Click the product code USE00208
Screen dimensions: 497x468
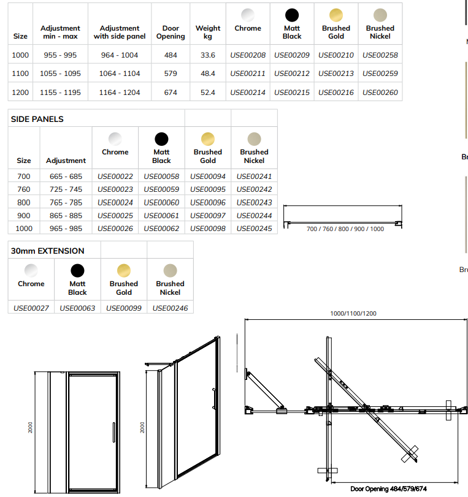(x=248, y=55)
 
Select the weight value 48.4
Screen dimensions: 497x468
(x=208, y=74)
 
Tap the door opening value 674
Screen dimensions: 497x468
(x=171, y=93)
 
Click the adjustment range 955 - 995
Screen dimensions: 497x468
(x=60, y=55)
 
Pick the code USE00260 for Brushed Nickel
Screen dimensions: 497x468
(x=380, y=93)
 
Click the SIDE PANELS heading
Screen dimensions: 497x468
(x=37, y=120)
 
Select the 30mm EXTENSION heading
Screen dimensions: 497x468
(x=48, y=251)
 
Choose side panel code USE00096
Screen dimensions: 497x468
(x=208, y=203)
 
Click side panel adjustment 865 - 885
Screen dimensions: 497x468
(x=66, y=216)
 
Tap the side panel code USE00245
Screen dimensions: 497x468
(x=254, y=229)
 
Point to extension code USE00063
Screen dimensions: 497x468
(x=77, y=308)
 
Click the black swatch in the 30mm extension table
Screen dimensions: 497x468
(x=77, y=270)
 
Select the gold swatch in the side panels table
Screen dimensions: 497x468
(x=208, y=138)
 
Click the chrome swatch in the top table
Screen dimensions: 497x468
(x=248, y=15)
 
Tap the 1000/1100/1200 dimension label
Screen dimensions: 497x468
(x=353, y=314)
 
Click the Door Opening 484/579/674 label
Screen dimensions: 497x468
(x=386, y=489)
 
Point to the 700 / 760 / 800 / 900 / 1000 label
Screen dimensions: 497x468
(x=345, y=229)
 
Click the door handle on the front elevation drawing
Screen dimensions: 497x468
(x=113, y=431)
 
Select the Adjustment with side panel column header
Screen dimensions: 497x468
(x=120, y=32)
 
